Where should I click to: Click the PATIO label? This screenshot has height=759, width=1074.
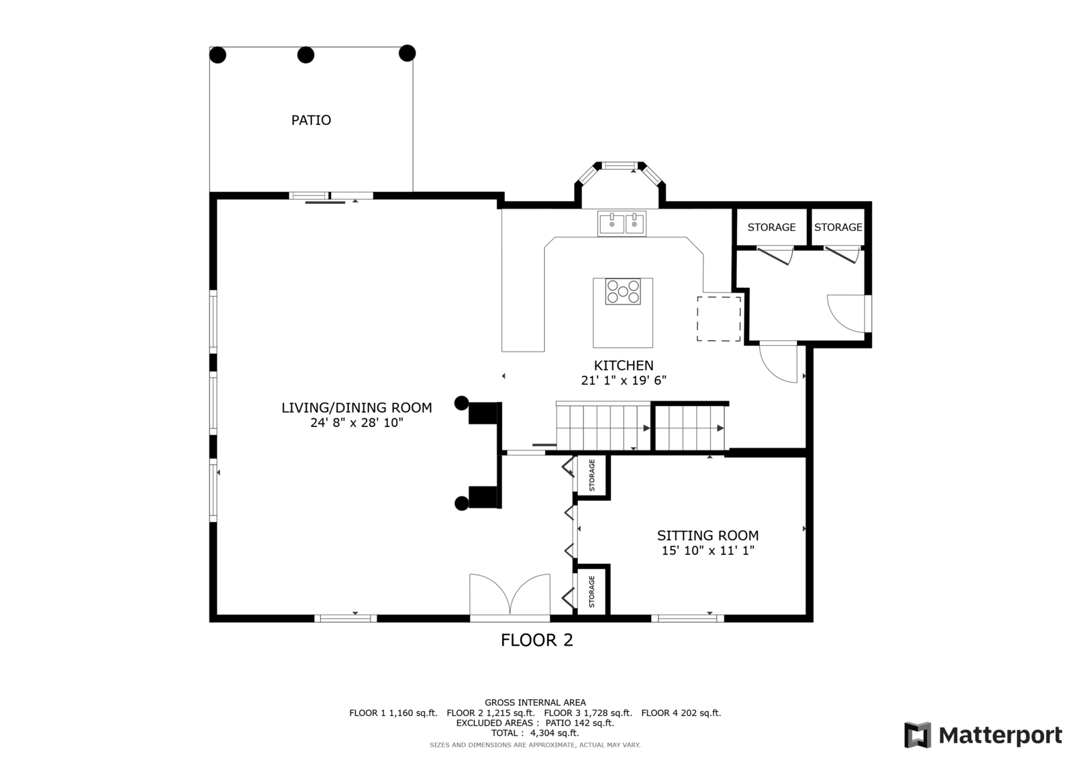[311, 120]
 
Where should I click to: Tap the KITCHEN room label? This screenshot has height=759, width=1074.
[624, 366]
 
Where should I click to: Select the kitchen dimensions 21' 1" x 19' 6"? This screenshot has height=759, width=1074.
[624, 381]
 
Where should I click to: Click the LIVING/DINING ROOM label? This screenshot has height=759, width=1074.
[356, 407]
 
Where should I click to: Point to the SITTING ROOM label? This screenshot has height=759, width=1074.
[707, 536]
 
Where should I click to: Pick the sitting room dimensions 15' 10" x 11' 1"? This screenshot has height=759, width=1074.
[707, 551]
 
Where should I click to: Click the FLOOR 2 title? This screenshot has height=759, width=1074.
[537, 640]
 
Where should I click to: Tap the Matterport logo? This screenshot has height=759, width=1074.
[983, 736]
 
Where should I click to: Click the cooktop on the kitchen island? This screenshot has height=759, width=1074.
[623, 292]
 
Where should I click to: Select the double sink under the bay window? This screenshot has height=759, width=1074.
[622, 223]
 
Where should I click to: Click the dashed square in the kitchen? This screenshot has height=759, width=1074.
[718, 319]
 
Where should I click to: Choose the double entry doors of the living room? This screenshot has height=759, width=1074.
[510, 595]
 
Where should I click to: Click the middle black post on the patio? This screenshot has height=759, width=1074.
[306, 55]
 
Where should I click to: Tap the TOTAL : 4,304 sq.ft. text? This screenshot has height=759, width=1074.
[535, 733]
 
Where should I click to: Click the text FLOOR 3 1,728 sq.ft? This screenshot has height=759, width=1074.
[588, 713]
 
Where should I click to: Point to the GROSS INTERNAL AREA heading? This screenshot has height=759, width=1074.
[535, 703]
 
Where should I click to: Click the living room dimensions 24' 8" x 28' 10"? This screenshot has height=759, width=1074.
[356, 423]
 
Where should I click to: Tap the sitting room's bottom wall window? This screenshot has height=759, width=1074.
[687, 618]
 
